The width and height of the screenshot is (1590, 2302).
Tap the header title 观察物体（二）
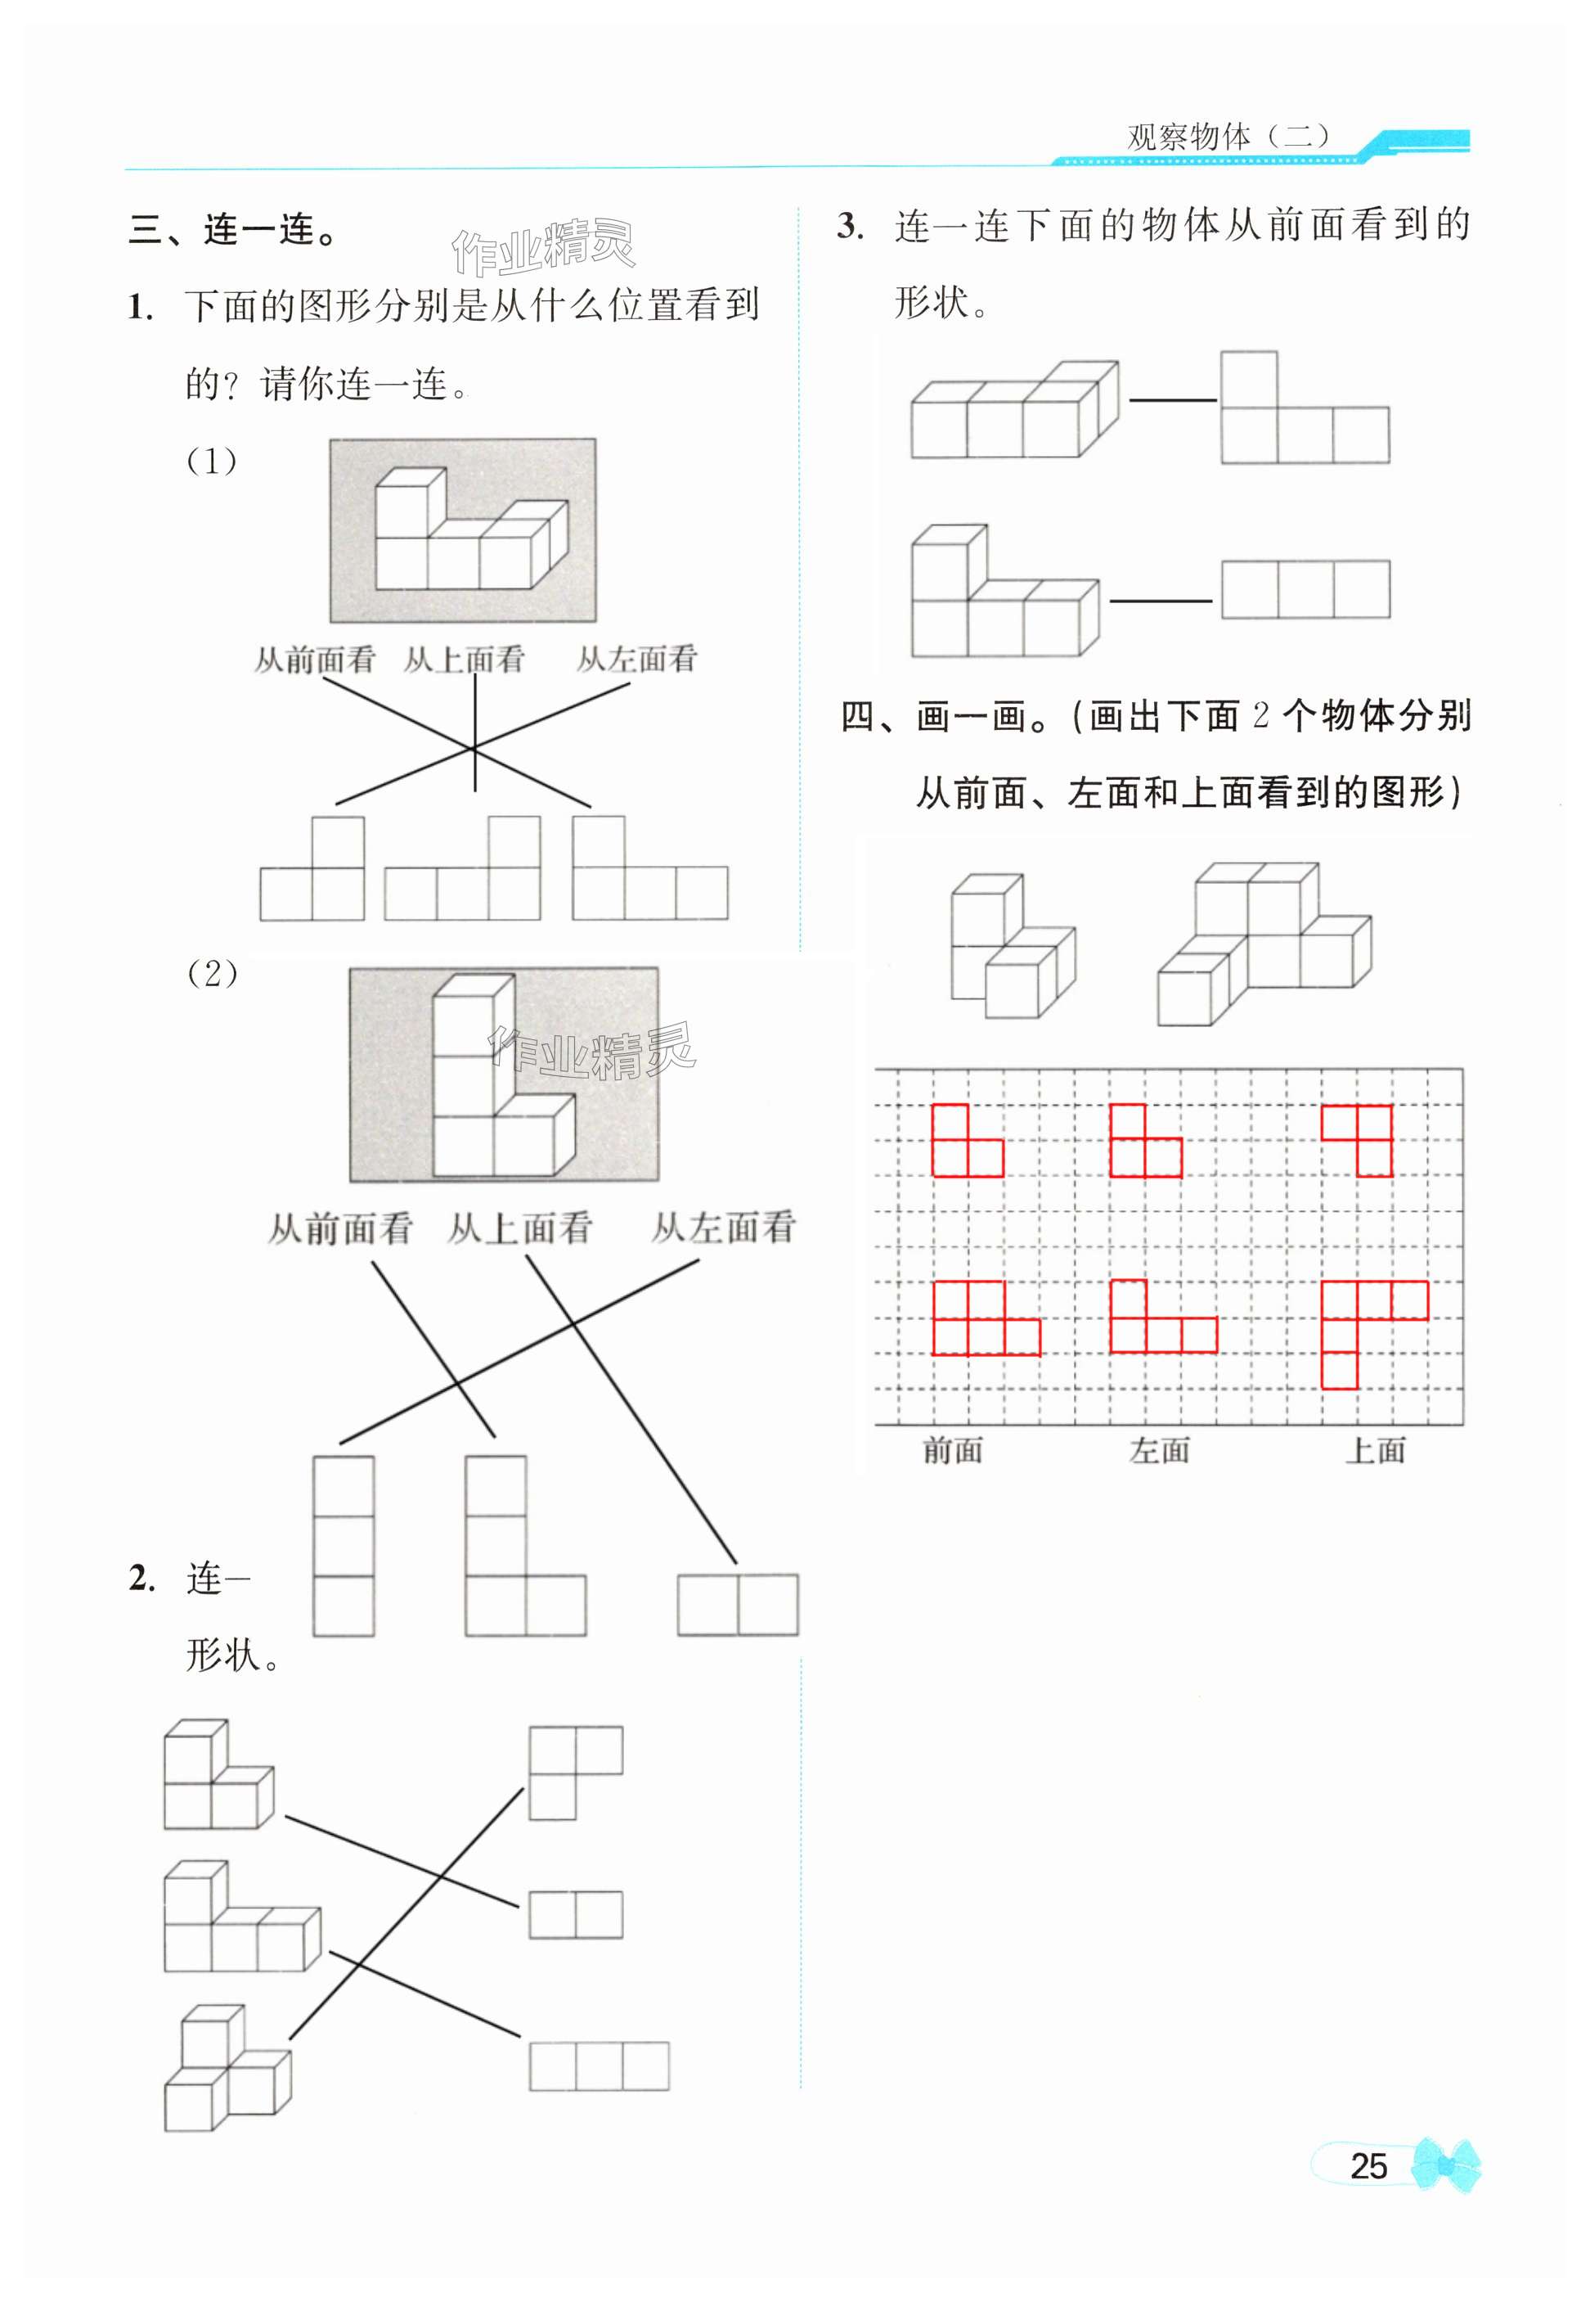[x=1228, y=137]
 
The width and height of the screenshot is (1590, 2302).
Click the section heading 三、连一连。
[x=235, y=230]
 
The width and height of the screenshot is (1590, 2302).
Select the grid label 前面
[x=952, y=1450]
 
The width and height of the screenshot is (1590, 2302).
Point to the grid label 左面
[x=1160, y=1450]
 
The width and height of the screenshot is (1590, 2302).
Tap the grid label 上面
[x=1376, y=1450]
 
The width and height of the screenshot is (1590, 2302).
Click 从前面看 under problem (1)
[x=315, y=660]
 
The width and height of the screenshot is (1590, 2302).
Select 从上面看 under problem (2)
[x=520, y=1228]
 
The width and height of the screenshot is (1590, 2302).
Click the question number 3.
[x=850, y=226]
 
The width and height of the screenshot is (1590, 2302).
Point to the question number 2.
[x=141, y=1578]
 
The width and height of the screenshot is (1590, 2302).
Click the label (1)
[x=212, y=462]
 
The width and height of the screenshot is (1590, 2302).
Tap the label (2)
[x=212, y=973]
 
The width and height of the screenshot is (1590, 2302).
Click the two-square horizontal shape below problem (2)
[x=737, y=1605]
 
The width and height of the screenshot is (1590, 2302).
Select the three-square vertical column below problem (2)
[x=344, y=1546]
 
